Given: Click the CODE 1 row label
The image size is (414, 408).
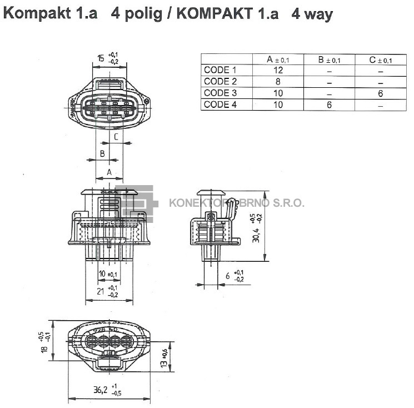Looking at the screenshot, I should pos(220,70).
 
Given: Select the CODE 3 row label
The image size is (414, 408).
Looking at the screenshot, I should pos(220,93).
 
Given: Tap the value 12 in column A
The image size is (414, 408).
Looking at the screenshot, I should pos(278,70).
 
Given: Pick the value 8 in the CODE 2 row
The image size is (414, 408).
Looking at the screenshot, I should pos(278,82).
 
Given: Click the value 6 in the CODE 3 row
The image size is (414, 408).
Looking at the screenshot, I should pos(380,93).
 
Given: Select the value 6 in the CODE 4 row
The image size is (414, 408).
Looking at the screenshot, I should pos(329,105).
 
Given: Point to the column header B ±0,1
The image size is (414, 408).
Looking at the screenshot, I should pos(329,59).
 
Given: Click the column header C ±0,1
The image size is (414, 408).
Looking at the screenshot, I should pos(380,59).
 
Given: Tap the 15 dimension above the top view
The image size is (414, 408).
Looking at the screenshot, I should pos(101,58).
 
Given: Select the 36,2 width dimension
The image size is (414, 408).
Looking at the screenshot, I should pos(100,390).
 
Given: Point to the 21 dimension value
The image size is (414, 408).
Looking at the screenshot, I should pos(101,291).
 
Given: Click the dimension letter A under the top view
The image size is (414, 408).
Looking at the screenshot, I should pos(109,172).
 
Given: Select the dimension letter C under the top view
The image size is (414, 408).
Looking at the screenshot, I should pos(116,137).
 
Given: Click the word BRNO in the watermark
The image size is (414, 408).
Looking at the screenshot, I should pos(253,203).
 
